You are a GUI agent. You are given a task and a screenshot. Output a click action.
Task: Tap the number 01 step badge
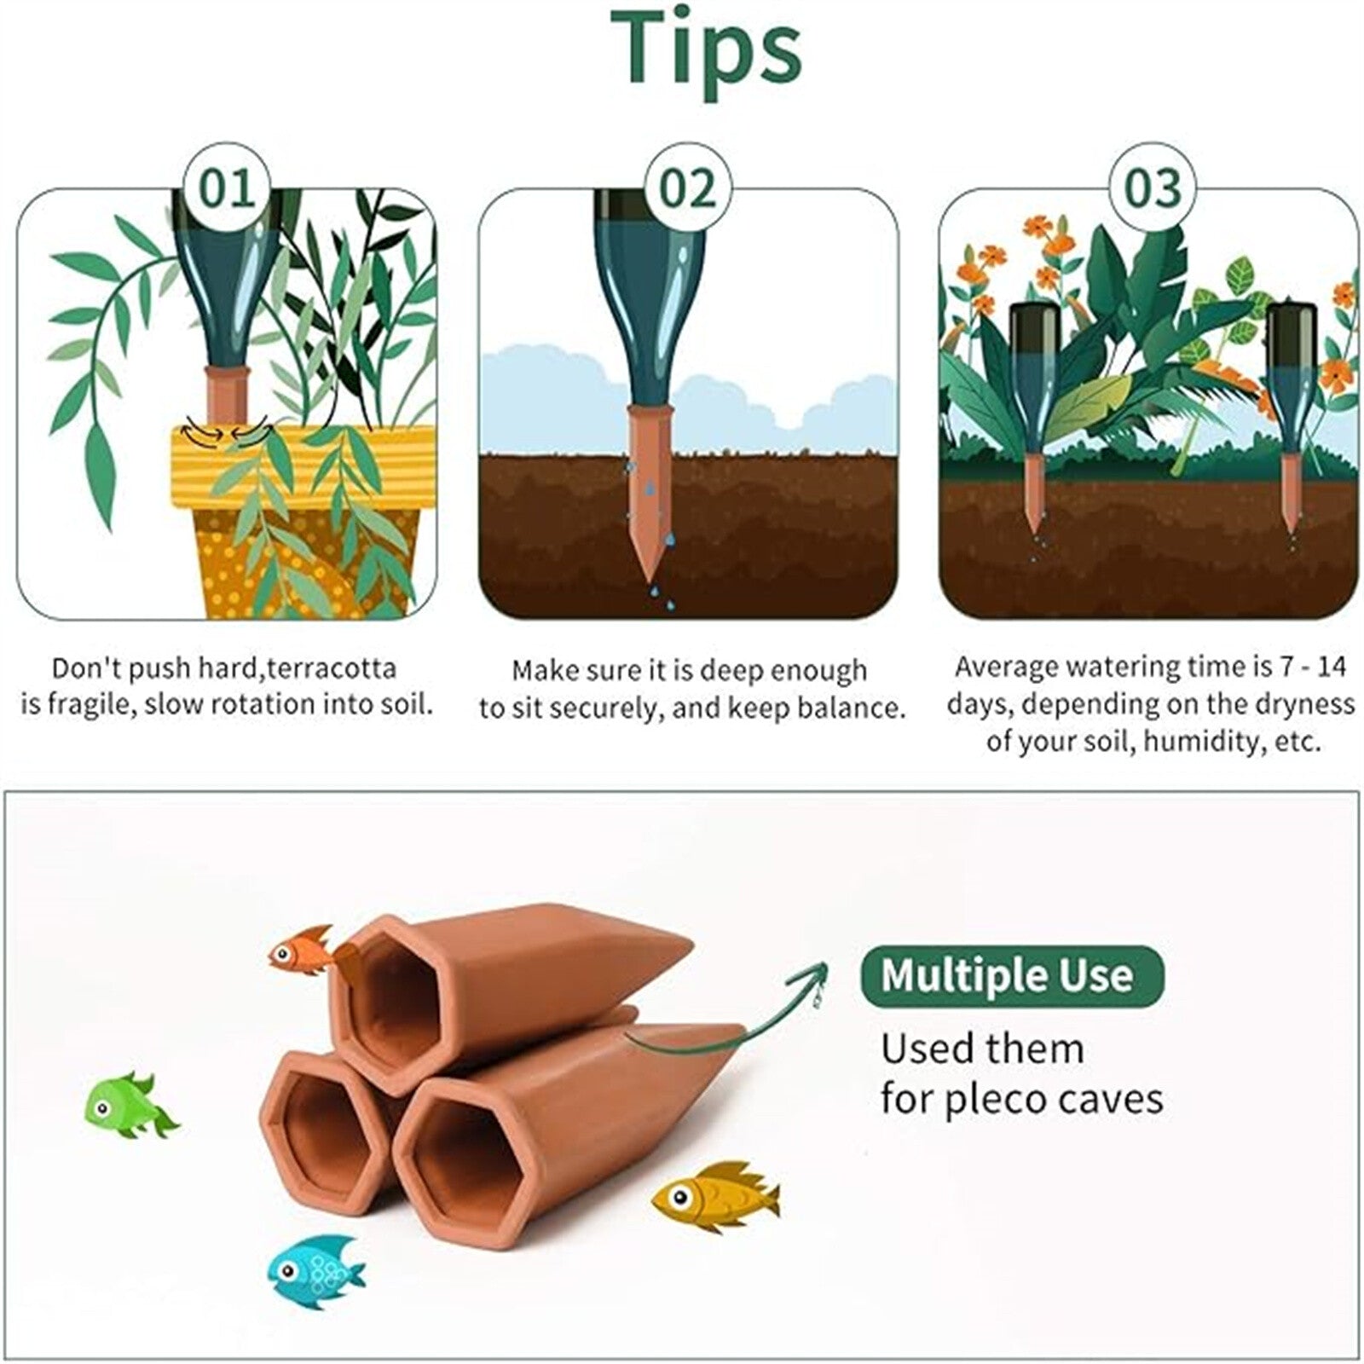pos(228,188)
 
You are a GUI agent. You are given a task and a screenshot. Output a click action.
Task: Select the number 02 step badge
pos(689,188)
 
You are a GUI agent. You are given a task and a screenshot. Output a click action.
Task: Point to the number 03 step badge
pos(1153,188)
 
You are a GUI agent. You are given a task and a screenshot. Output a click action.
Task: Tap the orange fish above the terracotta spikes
pos(300,949)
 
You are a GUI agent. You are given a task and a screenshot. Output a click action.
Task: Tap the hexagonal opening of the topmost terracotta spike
pos(399,994)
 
